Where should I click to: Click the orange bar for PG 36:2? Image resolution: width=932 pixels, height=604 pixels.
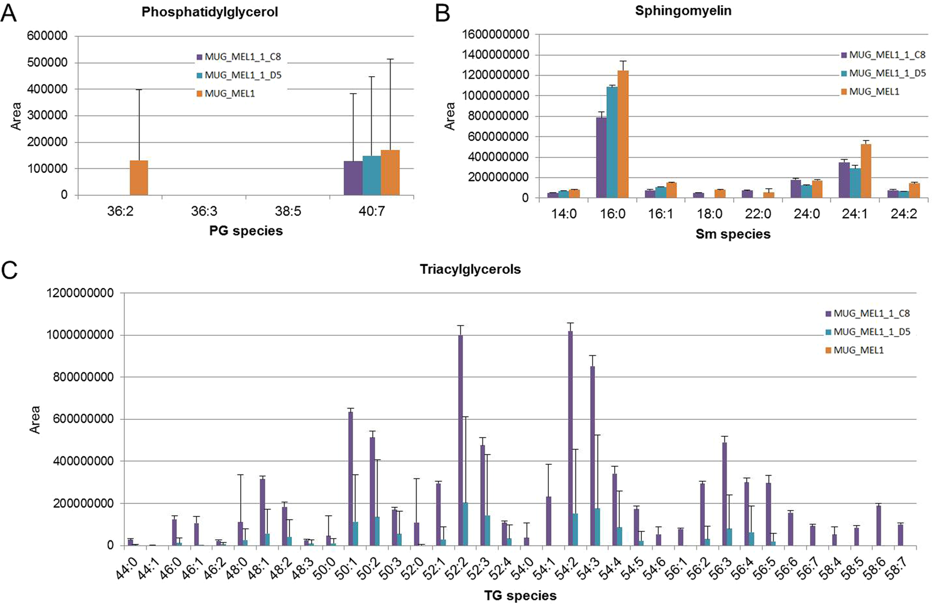139,178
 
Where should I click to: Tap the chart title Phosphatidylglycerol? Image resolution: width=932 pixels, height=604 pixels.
210,12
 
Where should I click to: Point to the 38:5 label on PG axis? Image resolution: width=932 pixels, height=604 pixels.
288,211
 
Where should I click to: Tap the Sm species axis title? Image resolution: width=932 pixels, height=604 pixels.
733,234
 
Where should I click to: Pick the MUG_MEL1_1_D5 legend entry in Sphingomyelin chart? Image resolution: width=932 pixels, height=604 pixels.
882,73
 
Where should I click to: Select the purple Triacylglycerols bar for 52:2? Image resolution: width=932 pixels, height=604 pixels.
460,440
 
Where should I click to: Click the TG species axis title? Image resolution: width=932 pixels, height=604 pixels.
520,595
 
